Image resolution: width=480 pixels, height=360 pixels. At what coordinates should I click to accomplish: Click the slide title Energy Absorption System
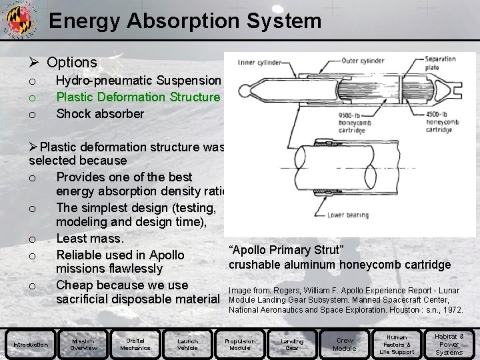coord(185,21)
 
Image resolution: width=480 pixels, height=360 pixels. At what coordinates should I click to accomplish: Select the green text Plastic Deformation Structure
coord(137,97)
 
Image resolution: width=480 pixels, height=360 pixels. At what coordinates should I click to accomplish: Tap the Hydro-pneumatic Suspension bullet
coord(138,81)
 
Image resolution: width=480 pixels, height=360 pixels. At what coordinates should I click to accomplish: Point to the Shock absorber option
coord(99,114)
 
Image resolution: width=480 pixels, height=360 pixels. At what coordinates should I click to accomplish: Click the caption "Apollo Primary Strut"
coord(286,250)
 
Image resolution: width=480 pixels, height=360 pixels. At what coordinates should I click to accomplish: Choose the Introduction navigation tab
coord(31,345)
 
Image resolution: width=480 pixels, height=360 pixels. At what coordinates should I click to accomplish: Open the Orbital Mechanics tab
coord(135,345)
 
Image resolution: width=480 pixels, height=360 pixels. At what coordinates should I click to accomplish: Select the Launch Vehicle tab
coord(187,345)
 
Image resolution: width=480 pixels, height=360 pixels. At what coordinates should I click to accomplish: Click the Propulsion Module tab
coord(240,345)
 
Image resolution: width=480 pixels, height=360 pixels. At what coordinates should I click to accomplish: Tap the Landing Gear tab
coord(292,345)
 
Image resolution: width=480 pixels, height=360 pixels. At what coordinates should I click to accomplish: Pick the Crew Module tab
coord(344,345)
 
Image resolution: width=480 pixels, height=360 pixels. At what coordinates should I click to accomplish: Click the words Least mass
coord(90,238)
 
